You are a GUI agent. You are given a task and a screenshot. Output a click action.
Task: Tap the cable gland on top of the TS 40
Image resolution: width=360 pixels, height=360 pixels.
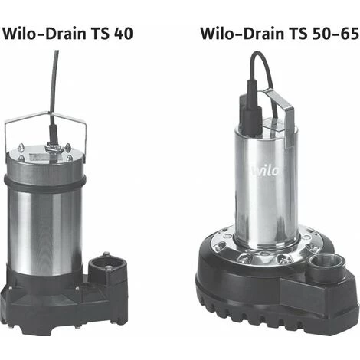[54, 143]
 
